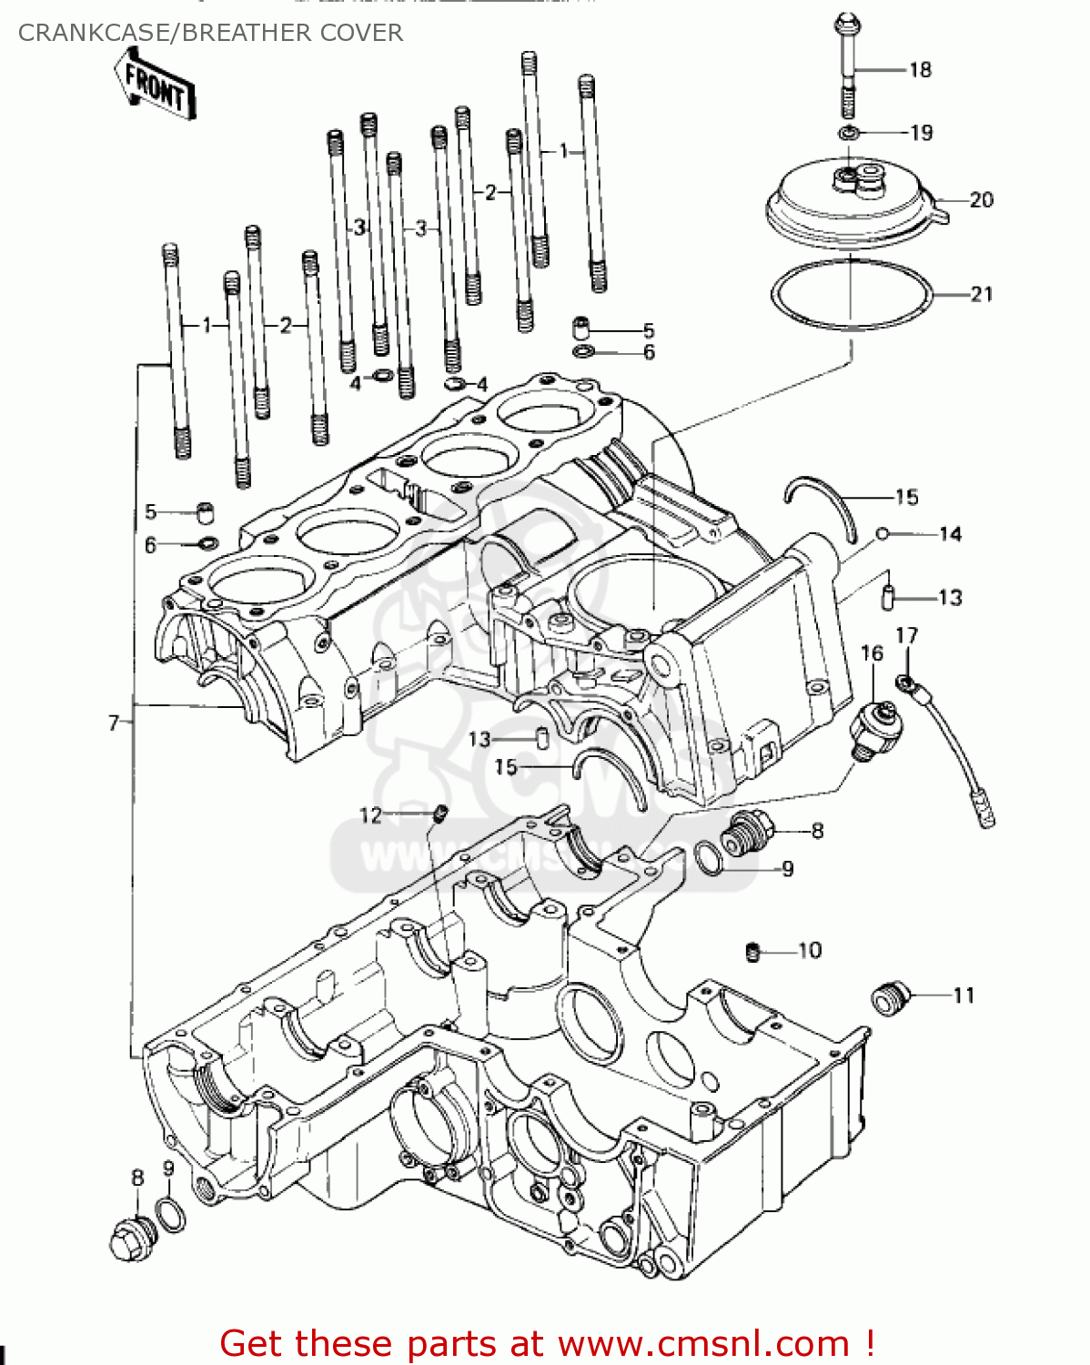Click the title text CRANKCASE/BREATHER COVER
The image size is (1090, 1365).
[210, 33]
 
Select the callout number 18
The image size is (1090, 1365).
[920, 70]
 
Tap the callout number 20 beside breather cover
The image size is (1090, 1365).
[981, 199]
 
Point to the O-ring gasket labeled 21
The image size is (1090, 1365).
[853, 294]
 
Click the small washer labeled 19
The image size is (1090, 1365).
[849, 134]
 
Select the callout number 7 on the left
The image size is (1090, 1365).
[114, 723]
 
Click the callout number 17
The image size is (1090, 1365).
[906, 635]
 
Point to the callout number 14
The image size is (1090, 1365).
[950, 534]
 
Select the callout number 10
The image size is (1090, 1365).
[809, 951]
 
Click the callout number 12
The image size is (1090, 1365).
[370, 815]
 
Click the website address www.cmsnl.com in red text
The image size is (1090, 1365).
[702, 1343]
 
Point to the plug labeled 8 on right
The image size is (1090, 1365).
[748, 833]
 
